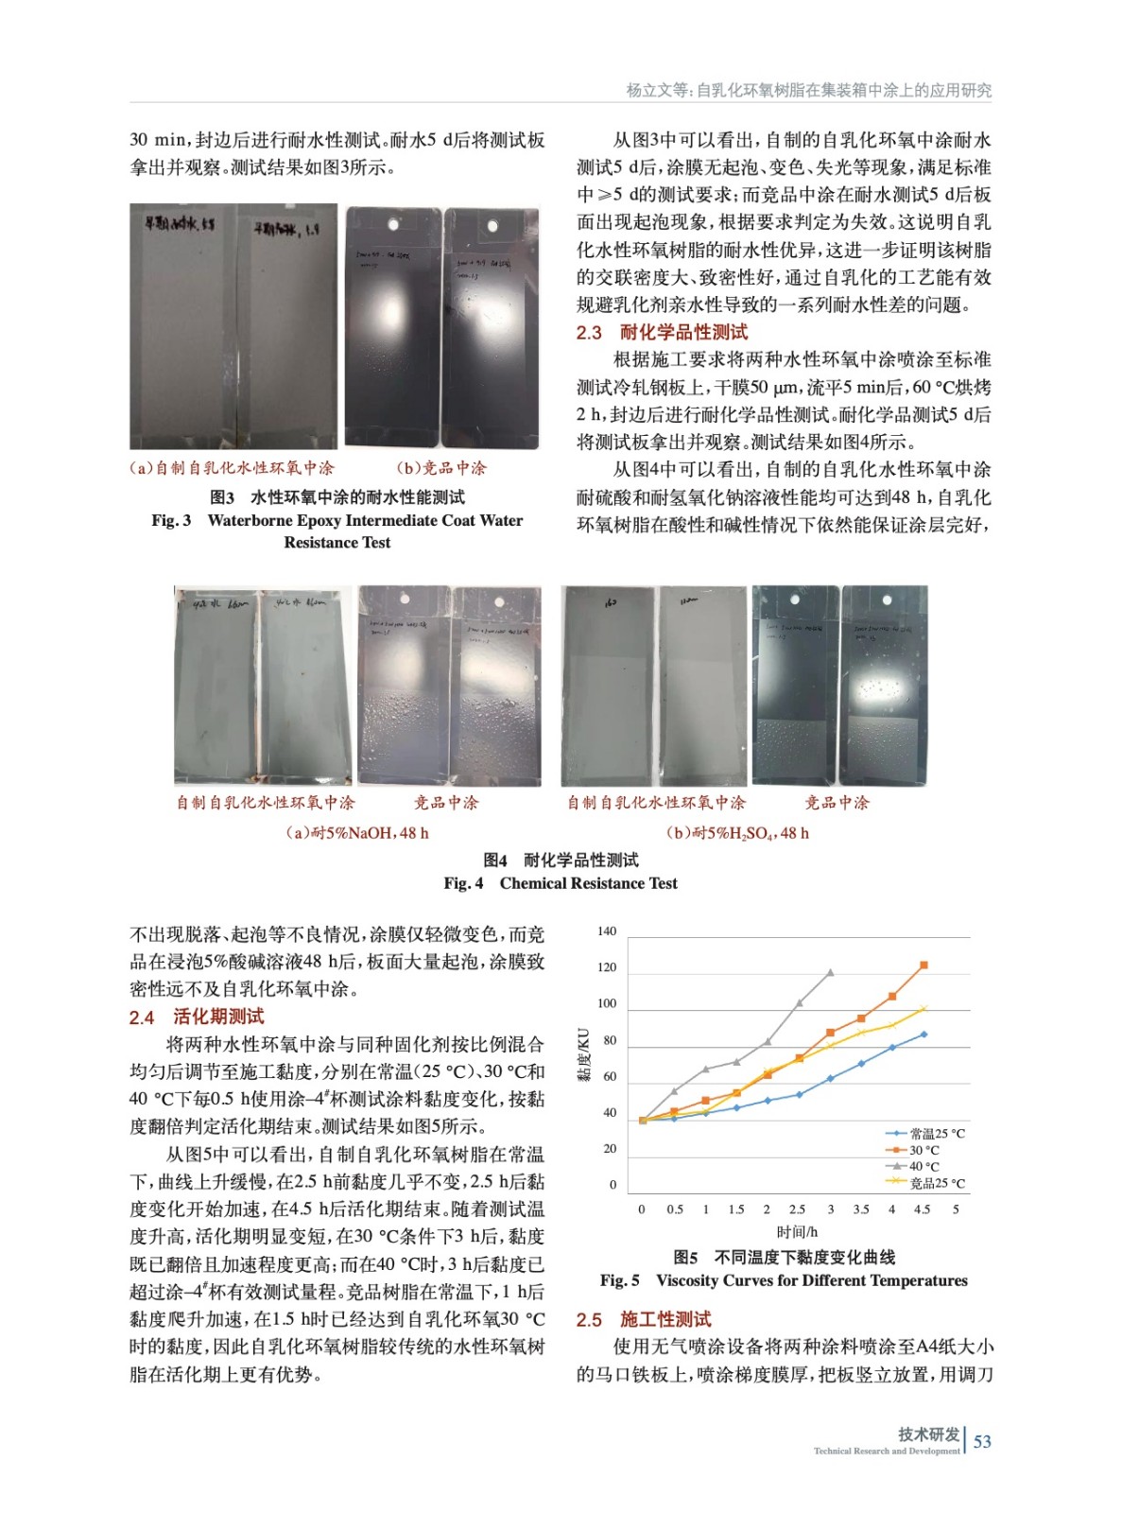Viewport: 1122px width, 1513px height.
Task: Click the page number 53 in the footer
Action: pos(982,1441)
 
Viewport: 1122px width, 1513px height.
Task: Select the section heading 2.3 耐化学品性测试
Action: pos(662,332)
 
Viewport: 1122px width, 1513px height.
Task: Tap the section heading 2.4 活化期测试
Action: pos(197,1017)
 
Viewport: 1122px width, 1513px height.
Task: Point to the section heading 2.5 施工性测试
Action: pos(644,1319)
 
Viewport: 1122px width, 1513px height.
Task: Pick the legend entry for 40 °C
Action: pos(923,1166)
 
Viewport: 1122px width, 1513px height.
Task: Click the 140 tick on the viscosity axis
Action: pos(607,931)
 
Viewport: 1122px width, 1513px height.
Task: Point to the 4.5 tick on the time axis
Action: pos(922,1209)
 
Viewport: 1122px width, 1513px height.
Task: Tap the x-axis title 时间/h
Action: pos(797,1231)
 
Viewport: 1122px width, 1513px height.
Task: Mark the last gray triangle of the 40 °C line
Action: pos(831,972)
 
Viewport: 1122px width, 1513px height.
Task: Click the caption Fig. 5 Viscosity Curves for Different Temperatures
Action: pos(784,1280)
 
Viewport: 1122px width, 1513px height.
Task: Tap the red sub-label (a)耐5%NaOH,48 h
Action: pos(357,833)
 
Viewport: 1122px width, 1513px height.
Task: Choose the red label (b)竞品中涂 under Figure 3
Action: pos(441,468)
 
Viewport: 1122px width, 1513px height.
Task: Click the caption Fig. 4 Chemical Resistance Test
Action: pos(561,883)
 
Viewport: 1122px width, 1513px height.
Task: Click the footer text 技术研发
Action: pos(928,1435)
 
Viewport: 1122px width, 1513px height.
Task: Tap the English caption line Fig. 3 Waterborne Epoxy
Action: pos(337,520)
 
